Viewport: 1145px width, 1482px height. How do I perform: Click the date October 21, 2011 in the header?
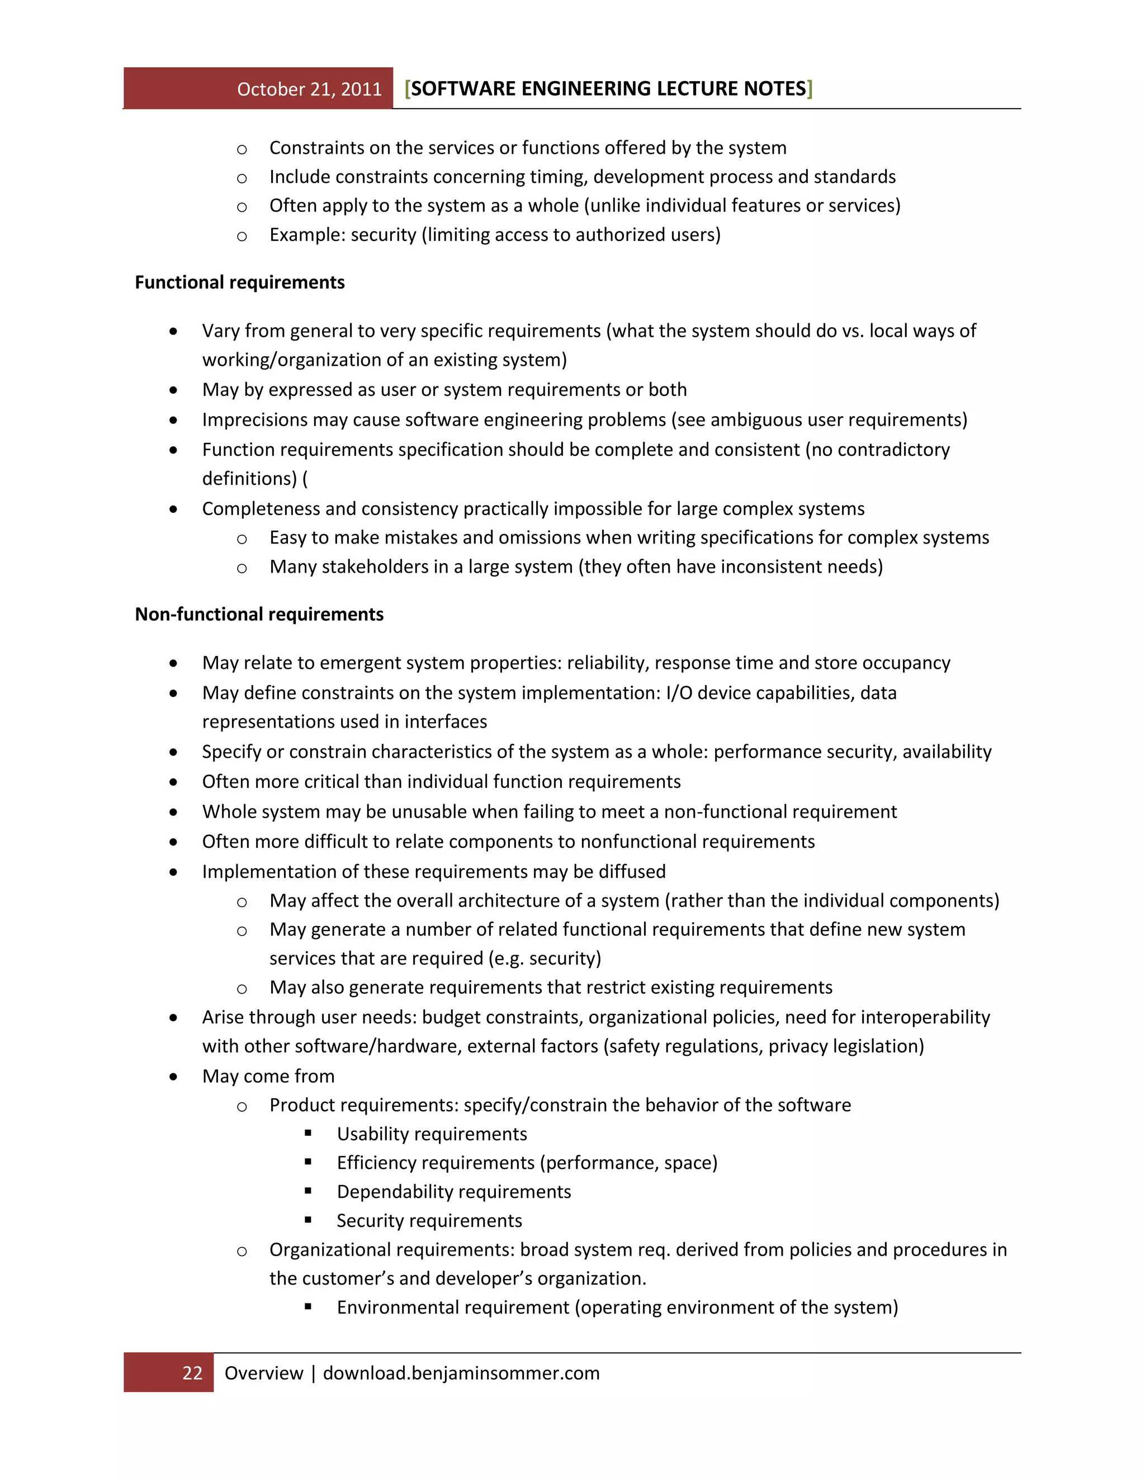coord(309,89)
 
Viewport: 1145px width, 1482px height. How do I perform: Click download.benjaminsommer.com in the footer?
coord(461,1373)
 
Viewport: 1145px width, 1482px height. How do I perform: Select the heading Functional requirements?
coord(239,282)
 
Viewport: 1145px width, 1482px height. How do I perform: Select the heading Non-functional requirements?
coord(259,614)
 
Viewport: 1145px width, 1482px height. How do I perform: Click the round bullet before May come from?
coord(174,1076)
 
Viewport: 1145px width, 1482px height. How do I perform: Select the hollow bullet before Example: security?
coord(242,236)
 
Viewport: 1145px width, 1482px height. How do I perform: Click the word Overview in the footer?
coord(264,1373)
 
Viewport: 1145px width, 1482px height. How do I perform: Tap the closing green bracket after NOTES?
coord(810,88)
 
